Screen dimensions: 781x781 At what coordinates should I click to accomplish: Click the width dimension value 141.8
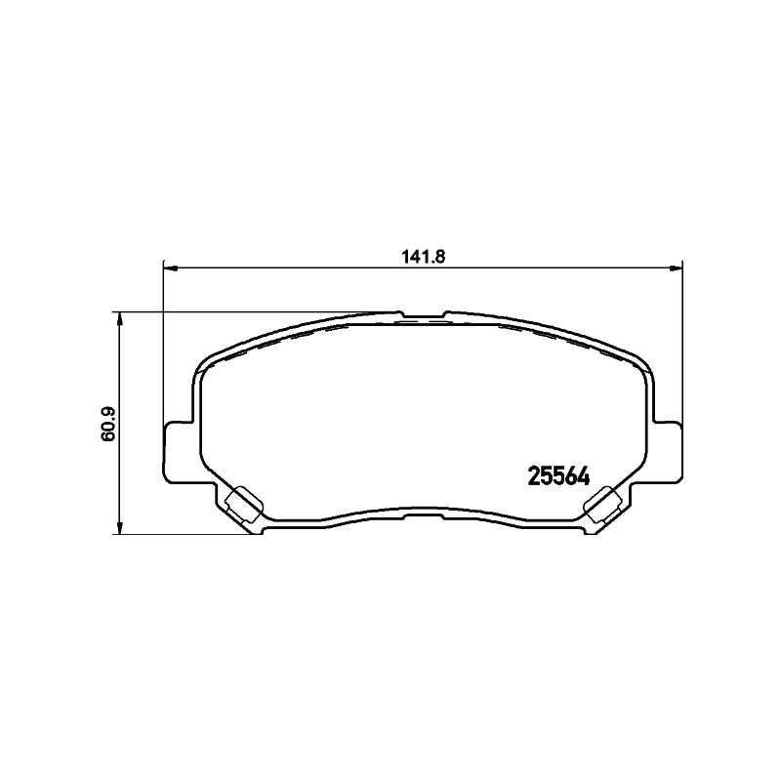click(x=423, y=257)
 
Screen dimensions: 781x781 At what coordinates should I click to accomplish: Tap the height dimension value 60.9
click(x=108, y=424)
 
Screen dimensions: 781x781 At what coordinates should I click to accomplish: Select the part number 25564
click(x=558, y=477)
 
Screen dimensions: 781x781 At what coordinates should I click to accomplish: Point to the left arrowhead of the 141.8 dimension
click(x=170, y=269)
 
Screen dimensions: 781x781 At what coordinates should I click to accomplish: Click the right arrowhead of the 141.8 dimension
click(x=676, y=269)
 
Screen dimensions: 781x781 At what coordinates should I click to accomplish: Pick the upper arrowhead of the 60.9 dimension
click(x=119, y=320)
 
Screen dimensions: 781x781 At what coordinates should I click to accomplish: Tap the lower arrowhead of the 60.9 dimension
click(x=119, y=527)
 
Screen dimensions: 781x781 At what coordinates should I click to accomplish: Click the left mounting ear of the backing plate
click(x=179, y=452)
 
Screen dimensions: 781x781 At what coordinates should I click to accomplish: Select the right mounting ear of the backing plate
click(x=668, y=452)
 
